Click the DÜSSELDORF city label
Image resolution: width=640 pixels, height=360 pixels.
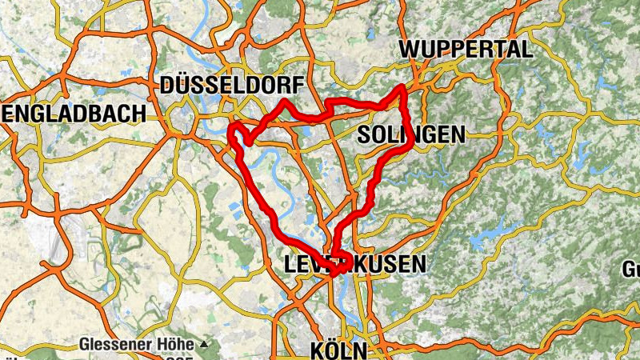pyautogui.click(x=232, y=85)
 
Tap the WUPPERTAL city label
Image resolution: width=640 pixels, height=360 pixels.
pyautogui.click(x=466, y=49)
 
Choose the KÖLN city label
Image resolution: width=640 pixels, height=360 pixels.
pyautogui.click(x=338, y=350)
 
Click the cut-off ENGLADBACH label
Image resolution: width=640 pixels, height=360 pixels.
pyautogui.click(x=73, y=113)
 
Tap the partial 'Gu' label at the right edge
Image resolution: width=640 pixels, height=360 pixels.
pyautogui.click(x=631, y=268)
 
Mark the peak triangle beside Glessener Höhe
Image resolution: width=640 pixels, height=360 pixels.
pyautogui.click(x=204, y=345)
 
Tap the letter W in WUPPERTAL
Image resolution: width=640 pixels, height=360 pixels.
pyautogui.click(x=410, y=49)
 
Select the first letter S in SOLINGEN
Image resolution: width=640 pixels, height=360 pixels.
pyautogui.click(x=365, y=134)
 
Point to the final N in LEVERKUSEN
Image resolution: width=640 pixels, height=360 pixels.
pyautogui.click(x=419, y=263)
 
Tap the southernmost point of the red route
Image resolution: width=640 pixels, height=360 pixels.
pyautogui.click(x=334, y=274)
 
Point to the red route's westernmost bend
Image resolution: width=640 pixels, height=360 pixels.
pyautogui.click(x=232, y=128)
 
